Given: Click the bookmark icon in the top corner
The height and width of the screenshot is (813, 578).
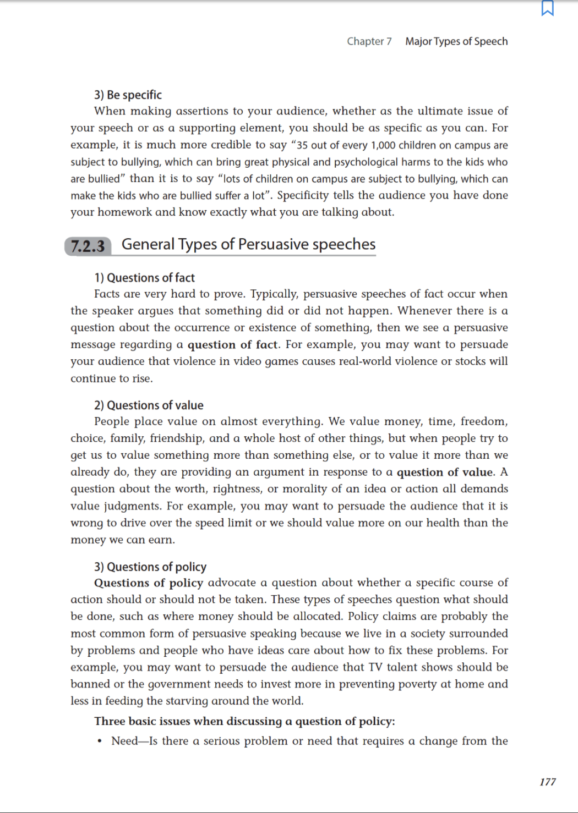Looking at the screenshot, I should click(547, 8).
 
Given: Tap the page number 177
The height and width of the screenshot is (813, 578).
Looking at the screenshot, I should click(547, 782).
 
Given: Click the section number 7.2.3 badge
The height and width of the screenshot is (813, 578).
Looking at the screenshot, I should click(88, 246).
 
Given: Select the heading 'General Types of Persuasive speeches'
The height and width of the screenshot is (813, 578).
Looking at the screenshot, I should click(248, 244).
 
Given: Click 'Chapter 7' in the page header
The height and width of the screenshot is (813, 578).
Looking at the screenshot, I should click(369, 41).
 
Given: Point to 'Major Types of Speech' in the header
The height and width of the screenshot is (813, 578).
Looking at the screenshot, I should click(456, 41).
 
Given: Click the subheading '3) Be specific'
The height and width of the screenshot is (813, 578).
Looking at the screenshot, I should click(128, 95).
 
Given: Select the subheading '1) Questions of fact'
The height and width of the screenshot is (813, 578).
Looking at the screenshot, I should click(144, 278).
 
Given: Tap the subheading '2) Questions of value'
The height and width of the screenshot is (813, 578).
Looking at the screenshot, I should click(149, 405).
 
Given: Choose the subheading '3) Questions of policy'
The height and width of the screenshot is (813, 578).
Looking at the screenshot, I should click(150, 567).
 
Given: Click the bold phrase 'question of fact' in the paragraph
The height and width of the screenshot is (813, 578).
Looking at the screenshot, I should click(232, 345).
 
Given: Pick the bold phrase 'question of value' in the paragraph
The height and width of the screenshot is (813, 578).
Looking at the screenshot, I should click(445, 472).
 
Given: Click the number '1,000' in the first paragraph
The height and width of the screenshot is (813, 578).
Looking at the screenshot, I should click(383, 145).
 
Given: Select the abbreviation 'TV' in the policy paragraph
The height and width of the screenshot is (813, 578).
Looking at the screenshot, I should click(375, 667).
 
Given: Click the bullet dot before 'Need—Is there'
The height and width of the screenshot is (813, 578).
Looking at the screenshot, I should click(100, 741).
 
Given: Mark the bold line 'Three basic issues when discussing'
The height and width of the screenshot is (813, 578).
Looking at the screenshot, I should click(244, 721).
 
